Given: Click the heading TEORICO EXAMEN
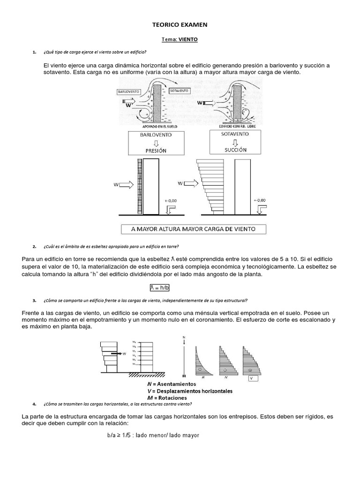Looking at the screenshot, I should point(180,24).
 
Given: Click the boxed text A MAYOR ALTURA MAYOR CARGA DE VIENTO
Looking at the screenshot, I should point(193,229).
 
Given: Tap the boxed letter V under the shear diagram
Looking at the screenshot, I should point(252,377).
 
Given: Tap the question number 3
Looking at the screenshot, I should point(35,300).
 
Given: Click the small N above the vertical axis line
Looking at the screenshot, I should point(184,337).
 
